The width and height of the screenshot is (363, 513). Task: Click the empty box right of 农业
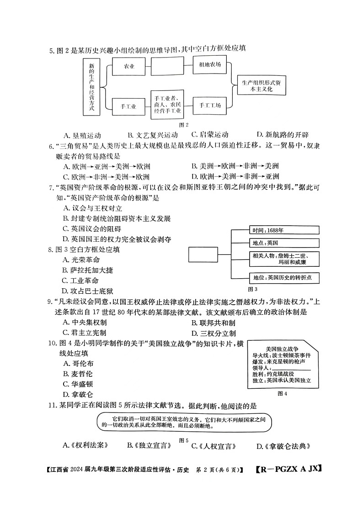pos(167,66)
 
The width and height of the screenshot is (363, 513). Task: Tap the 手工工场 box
pos(210,106)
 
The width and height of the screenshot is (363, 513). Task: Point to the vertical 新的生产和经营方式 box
pos(91,87)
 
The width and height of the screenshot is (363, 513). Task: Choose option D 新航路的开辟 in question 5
pos(282,135)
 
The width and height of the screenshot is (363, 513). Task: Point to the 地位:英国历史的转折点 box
pos(284,277)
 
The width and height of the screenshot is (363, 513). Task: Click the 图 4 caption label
pos(282,394)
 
